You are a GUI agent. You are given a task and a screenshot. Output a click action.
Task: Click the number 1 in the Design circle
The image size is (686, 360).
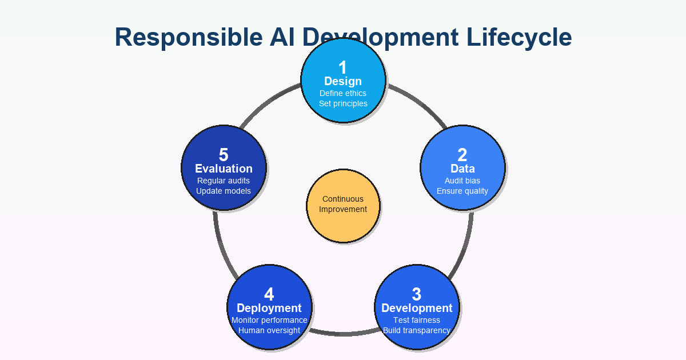pos(343,67)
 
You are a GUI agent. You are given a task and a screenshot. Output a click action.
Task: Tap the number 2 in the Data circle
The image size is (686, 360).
pos(462,155)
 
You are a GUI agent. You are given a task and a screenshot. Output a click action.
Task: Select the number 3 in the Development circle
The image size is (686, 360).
pos(416,294)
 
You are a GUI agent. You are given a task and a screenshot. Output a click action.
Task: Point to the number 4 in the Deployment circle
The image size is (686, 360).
pos(269,294)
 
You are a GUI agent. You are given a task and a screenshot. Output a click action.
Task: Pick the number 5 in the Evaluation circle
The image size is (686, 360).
pos(224,155)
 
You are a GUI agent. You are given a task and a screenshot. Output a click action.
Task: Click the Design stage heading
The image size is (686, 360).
pos(343,81)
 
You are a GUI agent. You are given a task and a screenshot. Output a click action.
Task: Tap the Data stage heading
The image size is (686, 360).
pos(462,169)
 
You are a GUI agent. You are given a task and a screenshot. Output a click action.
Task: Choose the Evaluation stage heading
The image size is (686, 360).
pos(224,169)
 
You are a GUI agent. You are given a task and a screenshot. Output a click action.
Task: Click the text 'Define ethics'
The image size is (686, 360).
pos(343,93)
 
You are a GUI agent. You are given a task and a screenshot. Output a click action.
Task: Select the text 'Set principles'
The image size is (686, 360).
pos(343,103)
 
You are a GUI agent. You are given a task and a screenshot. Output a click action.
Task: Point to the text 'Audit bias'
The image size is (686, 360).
pos(462,181)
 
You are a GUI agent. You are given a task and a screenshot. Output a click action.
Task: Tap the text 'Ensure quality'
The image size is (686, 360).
pos(462,191)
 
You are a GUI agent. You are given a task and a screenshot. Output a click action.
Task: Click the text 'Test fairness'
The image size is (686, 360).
pos(417,320)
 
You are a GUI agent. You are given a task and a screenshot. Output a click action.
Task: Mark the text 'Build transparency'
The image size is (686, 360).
pos(417,330)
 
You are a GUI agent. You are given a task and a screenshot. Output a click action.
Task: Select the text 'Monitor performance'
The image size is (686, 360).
pos(269,320)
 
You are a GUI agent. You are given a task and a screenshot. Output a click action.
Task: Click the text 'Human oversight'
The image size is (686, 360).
pos(269,330)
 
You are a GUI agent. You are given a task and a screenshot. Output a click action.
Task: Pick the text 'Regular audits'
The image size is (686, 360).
pos(224,181)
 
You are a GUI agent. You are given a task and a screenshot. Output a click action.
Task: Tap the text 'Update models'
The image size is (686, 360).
pos(224,191)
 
